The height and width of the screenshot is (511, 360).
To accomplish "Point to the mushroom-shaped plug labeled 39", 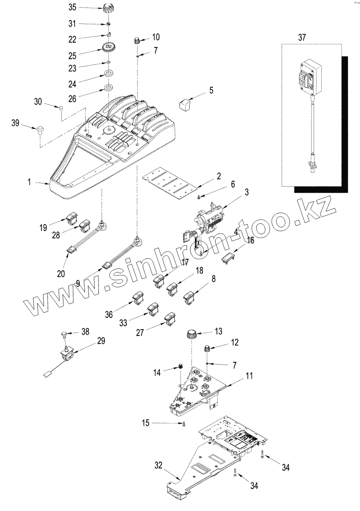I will pos(40,129).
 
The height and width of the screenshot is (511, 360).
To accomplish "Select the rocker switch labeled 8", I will pos(188,298).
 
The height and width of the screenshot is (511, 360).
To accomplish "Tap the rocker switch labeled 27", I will pos(171,319).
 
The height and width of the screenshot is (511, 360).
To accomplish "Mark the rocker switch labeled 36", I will pos(138,298).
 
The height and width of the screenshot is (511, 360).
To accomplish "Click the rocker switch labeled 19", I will pos(71,218).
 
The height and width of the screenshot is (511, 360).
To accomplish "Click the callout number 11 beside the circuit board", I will pos(249,376).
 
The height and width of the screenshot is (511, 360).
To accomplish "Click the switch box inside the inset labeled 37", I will pos(309,79).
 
